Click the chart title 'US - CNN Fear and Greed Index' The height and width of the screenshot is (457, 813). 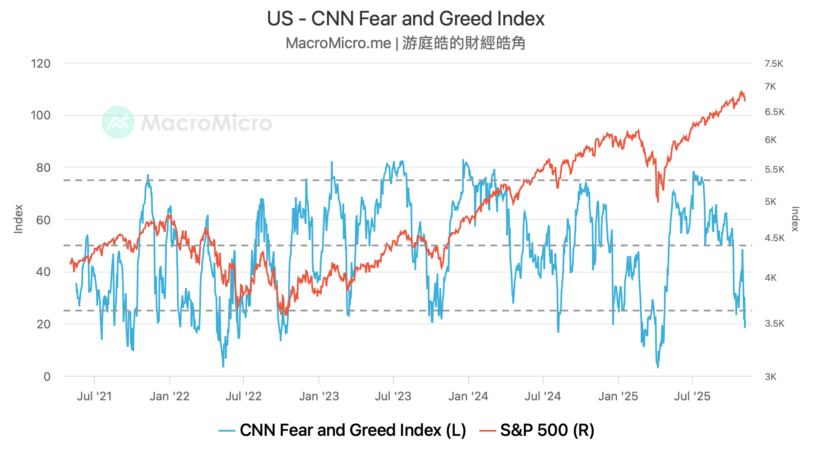pyautogui.click(x=406, y=19)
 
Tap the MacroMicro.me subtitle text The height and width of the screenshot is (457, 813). pyautogui.click(x=406, y=43)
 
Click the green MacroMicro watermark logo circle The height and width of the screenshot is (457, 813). pyautogui.click(x=118, y=122)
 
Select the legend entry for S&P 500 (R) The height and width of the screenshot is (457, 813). pyautogui.click(x=537, y=430)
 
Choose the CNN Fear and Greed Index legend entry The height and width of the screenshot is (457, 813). pyautogui.click(x=342, y=430)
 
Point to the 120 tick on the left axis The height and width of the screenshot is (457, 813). pyautogui.click(x=41, y=64)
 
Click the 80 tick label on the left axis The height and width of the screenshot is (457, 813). pyautogui.click(x=43, y=168)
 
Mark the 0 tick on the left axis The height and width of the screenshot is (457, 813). pyautogui.click(x=47, y=377)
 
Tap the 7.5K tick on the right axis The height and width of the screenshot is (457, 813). pyautogui.click(x=774, y=64)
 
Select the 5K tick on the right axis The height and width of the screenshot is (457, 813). pyautogui.click(x=771, y=202)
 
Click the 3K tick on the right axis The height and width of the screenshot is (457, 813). pyautogui.click(x=771, y=377)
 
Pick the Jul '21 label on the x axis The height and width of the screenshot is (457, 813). pyautogui.click(x=94, y=396)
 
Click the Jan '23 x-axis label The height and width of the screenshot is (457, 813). pyautogui.click(x=319, y=396)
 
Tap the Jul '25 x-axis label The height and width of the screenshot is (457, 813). pyautogui.click(x=692, y=396)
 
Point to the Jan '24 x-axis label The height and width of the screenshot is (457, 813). pyautogui.click(x=468, y=396)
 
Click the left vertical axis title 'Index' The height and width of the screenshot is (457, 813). pyautogui.click(x=18, y=219)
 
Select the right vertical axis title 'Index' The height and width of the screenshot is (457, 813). pyautogui.click(x=795, y=219)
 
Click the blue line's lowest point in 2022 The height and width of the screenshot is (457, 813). pyautogui.click(x=223, y=366)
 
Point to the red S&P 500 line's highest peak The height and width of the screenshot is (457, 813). pyautogui.click(x=741, y=91)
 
